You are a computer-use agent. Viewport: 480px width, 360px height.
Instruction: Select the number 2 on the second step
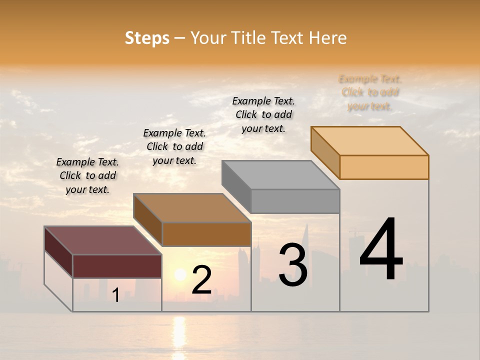pyautogui.click(x=201, y=280)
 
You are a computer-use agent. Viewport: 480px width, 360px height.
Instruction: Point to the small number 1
pyautogui.click(x=116, y=295)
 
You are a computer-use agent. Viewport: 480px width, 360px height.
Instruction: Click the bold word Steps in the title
pyautogui.click(x=147, y=38)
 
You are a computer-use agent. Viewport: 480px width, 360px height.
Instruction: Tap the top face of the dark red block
pyautogui.click(x=102, y=240)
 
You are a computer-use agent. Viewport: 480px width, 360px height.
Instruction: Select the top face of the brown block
pyautogui.click(x=192, y=208)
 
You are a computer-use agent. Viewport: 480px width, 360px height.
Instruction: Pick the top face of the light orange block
pyautogui.click(x=369, y=141)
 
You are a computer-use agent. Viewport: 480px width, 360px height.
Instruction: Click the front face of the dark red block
pyautogui.click(x=117, y=266)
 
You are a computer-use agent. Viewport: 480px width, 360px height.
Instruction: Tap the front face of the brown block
pyautogui.click(x=206, y=234)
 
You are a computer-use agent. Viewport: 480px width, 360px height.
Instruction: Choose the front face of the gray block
pyautogui.click(x=295, y=201)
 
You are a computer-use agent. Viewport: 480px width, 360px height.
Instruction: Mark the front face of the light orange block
pyautogui.click(x=384, y=167)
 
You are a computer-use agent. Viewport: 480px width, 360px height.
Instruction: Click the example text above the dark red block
pyautogui.click(x=87, y=175)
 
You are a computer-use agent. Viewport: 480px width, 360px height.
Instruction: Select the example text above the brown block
pyautogui.click(x=174, y=146)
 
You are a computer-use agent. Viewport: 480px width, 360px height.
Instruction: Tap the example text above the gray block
pyautogui.click(x=263, y=114)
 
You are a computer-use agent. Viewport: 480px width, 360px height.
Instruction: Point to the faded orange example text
pyautogui.click(x=370, y=92)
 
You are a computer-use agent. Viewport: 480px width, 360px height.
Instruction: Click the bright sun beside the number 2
pyautogui.click(x=180, y=274)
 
